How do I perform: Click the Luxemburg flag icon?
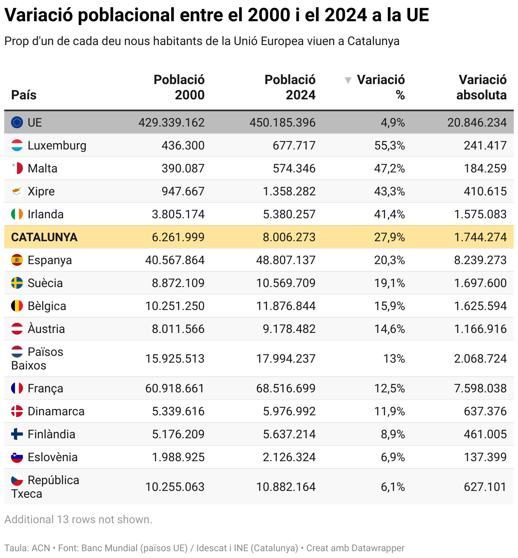coord(17,146)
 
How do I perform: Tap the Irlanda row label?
coord(45,214)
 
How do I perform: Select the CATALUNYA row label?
coord(44,237)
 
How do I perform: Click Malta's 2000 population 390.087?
coord(183,169)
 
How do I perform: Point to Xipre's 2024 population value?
coord(289,192)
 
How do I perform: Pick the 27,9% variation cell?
coord(389,237)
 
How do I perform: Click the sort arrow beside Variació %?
coord(348,80)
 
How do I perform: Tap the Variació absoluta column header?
coord(481,87)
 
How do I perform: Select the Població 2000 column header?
coord(179,87)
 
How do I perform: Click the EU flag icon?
coord(17,123)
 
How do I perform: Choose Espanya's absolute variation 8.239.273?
coord(480,260)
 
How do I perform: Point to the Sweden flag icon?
coord(17,283)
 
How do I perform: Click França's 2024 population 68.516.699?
coord(286,389)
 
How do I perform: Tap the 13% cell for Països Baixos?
coord(394,359)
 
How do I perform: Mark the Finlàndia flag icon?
coord(17,434)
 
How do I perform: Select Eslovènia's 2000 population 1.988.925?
coord(178,457)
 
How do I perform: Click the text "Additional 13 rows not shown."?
coord(78,520)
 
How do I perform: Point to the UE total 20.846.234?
coord(477,123)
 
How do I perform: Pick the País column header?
coord(24,95)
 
